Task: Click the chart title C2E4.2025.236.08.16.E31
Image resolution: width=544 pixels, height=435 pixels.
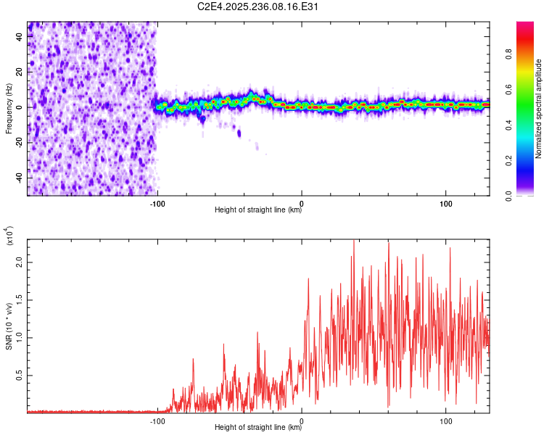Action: tap(259, 7)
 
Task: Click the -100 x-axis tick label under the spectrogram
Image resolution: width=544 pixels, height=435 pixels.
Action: tap(157, 202)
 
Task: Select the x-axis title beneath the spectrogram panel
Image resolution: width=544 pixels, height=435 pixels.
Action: tap(259, 210)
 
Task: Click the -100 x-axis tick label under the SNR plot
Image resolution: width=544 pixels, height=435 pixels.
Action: tap(157, 420)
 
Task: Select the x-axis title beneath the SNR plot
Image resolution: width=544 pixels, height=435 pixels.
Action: tap(259, 428)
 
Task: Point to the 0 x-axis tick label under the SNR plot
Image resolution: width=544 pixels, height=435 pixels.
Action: tap(302, 420)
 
